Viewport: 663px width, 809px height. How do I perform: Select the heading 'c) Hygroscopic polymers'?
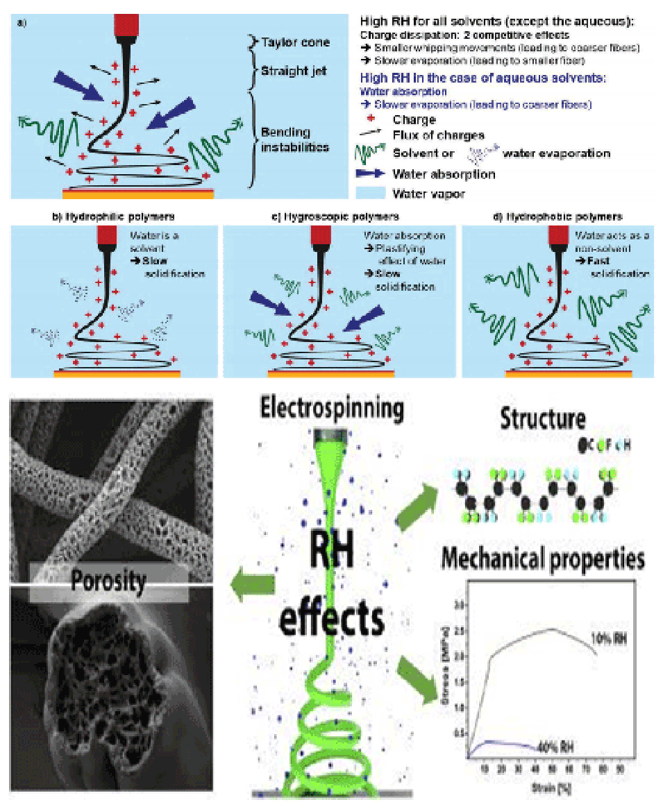coord(339,217)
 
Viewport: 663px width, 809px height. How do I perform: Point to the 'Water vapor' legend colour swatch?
coord(370,192)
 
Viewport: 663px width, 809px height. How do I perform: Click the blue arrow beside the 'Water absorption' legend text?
coord(371,173)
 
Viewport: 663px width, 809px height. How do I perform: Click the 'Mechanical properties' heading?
coord(544,559)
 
